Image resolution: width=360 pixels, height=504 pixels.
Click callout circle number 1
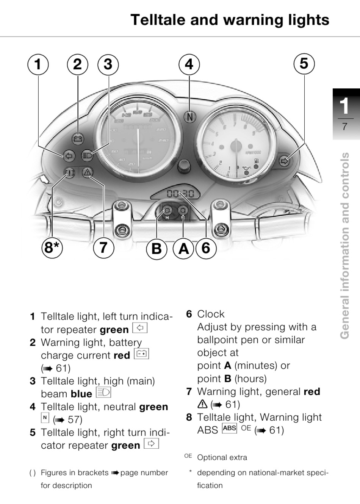click(x=38, y=64)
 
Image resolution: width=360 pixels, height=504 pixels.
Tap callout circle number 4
click(x=189, y=64)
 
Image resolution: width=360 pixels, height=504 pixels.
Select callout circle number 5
click(x=304, y=64)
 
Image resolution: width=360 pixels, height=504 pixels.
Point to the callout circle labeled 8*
click(x=52, y=248)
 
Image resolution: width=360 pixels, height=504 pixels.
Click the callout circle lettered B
click(x=157, y=249)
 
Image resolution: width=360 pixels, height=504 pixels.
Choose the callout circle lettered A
click(x=183, y=249)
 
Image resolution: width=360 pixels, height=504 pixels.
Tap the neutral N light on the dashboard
click(x=190, y=117)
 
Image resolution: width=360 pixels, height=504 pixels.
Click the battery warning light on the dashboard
click(x=78, y=139)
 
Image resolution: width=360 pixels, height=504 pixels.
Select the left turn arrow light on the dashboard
click(x=69, y=155)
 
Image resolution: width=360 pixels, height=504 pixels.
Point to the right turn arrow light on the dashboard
click(x=284, y=161)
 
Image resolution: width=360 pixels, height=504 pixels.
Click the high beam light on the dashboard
click(x=87, y=155)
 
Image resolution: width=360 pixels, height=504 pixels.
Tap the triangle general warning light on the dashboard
click(x=87, y=172)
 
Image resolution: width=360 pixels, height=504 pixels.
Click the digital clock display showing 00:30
click(x=181, y=193)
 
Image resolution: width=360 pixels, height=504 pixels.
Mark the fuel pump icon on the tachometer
click(x=256, y=161)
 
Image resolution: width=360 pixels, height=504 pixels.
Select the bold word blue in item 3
click(x=81, y=394)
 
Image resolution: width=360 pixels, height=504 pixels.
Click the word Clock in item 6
click(x=211, y=314)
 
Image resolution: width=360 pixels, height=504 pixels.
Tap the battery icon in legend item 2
click(x=141, y=354)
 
